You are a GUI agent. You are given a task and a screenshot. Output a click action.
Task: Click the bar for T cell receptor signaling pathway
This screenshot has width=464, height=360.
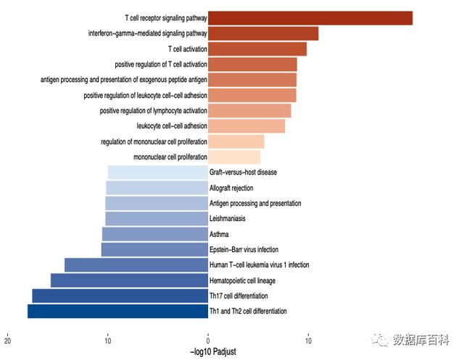(x=310, y=18)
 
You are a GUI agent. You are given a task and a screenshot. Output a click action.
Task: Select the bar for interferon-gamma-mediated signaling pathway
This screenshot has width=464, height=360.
(x=263, y=33)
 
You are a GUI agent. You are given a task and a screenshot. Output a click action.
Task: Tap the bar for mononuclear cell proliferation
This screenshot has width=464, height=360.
(x=234, y=156)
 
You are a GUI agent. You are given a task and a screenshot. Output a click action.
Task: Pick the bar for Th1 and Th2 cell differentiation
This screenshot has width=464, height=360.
(x=117, y=311)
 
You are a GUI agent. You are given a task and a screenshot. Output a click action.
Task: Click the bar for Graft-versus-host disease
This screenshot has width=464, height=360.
(x=158, y=172)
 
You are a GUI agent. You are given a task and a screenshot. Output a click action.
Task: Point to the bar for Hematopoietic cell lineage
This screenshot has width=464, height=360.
(x=129, y=280)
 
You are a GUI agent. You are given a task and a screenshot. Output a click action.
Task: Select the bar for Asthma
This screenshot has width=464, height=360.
(x=155, y=234)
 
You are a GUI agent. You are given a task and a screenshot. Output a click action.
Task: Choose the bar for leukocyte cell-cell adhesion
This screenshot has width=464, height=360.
(x=246, y=126)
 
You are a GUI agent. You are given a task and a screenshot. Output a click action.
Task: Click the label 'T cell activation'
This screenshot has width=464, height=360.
(x=187, y=49)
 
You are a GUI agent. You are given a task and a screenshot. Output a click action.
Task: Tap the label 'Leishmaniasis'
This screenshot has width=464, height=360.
(x=228, y=219)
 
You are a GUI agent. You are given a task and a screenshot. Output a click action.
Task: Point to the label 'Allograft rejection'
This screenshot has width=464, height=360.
(x=231, y=188)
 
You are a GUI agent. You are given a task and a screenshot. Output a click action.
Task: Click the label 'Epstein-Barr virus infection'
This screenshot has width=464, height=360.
(x=244, y=250)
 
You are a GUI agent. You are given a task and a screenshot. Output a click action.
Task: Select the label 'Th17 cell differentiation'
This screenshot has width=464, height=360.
(x=239, y=296)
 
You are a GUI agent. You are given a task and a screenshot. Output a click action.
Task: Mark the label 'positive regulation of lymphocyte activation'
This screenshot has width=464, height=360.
(x=153, y=111)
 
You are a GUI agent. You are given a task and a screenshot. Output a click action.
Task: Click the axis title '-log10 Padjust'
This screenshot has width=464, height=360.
(x=213, y=352)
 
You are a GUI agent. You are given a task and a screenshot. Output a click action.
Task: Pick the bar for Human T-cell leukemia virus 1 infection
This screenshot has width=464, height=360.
(x=136, y=265)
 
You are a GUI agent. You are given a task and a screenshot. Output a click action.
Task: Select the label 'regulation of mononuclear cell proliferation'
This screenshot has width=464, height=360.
(x=154, y=141)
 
